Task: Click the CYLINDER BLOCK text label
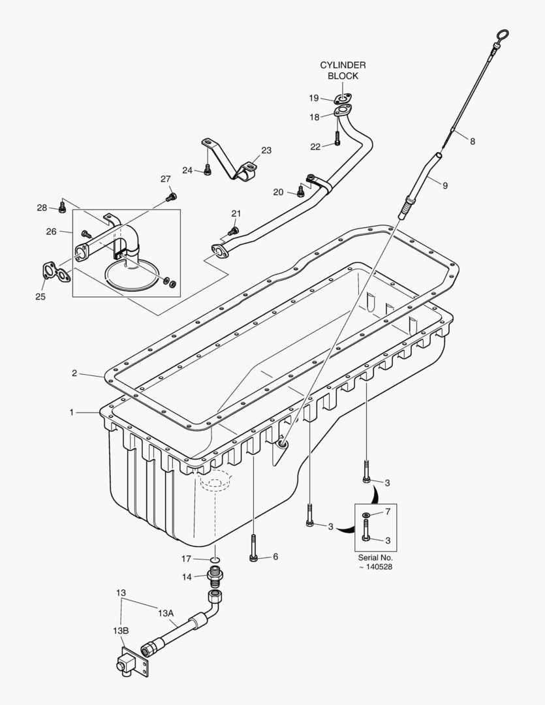(x=342, y=70)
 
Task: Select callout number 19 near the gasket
(x=314, y=98)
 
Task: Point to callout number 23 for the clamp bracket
(x=266, y=150)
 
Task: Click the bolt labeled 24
(x=207, y=170)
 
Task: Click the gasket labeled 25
(x=56, y=272)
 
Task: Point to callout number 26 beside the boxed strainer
(x=50, y=231)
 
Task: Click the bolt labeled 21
(x=233, y=230)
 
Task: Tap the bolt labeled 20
(x=300, y=191)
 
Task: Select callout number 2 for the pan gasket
(x=74, y=373)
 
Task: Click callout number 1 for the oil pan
(x=72, y=412)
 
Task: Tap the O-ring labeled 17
(x=214, y=559)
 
